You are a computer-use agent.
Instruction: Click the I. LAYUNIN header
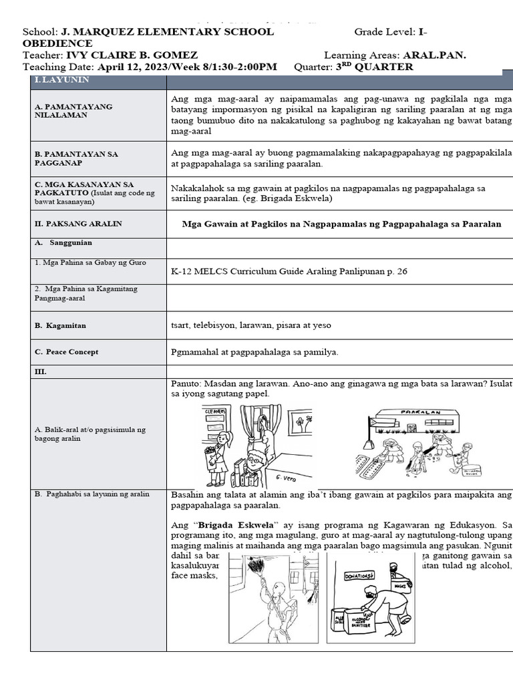[61, 80]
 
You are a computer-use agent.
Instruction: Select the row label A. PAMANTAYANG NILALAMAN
[73, 111]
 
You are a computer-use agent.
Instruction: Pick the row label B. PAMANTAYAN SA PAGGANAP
[76, 158]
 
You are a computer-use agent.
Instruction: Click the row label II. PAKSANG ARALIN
[78, 224]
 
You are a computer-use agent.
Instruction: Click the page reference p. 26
[394, 271]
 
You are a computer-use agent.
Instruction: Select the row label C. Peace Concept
[67, 351]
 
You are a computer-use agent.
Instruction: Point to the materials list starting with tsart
[250, 325]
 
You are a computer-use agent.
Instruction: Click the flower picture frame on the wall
[301, 423]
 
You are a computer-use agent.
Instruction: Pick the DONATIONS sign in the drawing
[359, 575]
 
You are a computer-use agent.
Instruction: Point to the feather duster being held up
[254, 569]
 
